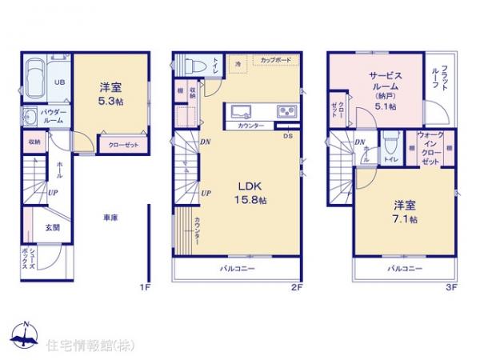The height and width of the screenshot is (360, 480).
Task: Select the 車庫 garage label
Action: click(x=111, y=217)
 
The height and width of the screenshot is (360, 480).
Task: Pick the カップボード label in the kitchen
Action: click(x=274, y=60)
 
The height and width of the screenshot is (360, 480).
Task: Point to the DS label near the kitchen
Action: click(x=288, y=135)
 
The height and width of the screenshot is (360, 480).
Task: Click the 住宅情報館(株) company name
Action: click(x=80, y=346)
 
